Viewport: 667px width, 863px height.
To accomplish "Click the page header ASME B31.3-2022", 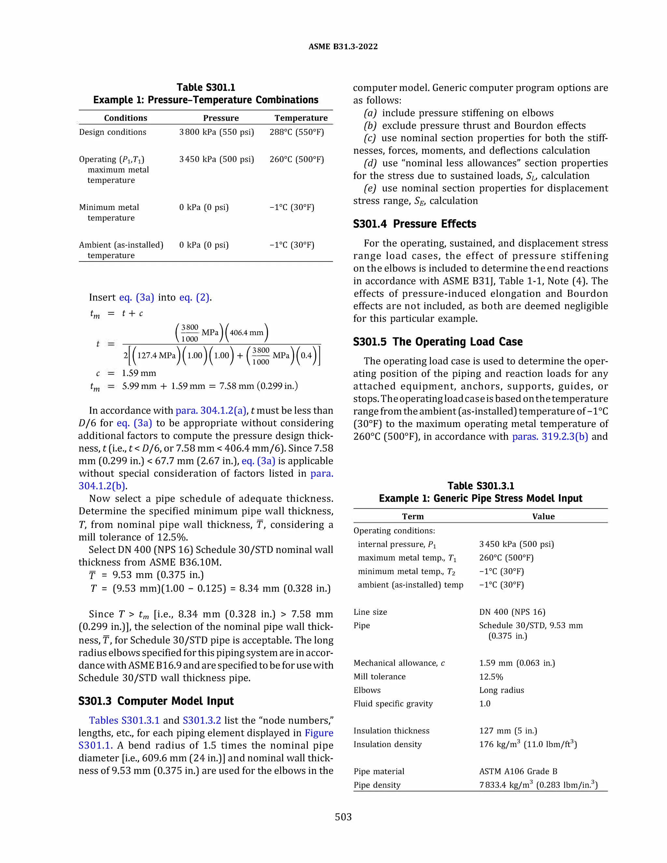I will tap(343, 47).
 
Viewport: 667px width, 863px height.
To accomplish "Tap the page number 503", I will tap(343, 817).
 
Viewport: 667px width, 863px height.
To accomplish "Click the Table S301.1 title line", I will tap(206, 87).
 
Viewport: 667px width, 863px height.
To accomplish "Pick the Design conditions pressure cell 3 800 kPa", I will tap(216, 132).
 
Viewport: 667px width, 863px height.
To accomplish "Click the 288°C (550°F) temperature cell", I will tap(296, 132).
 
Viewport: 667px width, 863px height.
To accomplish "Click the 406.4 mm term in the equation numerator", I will tap(247, 333).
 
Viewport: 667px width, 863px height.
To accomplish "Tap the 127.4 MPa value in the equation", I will tap(156, 355).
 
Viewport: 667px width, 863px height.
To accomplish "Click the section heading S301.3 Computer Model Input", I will tap(156, 701).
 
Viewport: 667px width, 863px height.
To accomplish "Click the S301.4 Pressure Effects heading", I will tap(415, 224).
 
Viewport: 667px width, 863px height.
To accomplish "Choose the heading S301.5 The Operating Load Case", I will tap(437, 342).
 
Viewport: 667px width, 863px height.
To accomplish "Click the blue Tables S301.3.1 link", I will tap(124, 720).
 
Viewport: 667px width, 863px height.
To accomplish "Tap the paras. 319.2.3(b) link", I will tap(550, 437).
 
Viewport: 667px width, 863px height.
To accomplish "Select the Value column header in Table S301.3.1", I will tap(543, 516).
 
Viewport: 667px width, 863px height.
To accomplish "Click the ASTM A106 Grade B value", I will tap(518, 771).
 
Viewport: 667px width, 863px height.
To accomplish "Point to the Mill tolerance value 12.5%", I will tap(491, 677).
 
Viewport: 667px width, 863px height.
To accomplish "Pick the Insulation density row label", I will tap(387, 744).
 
